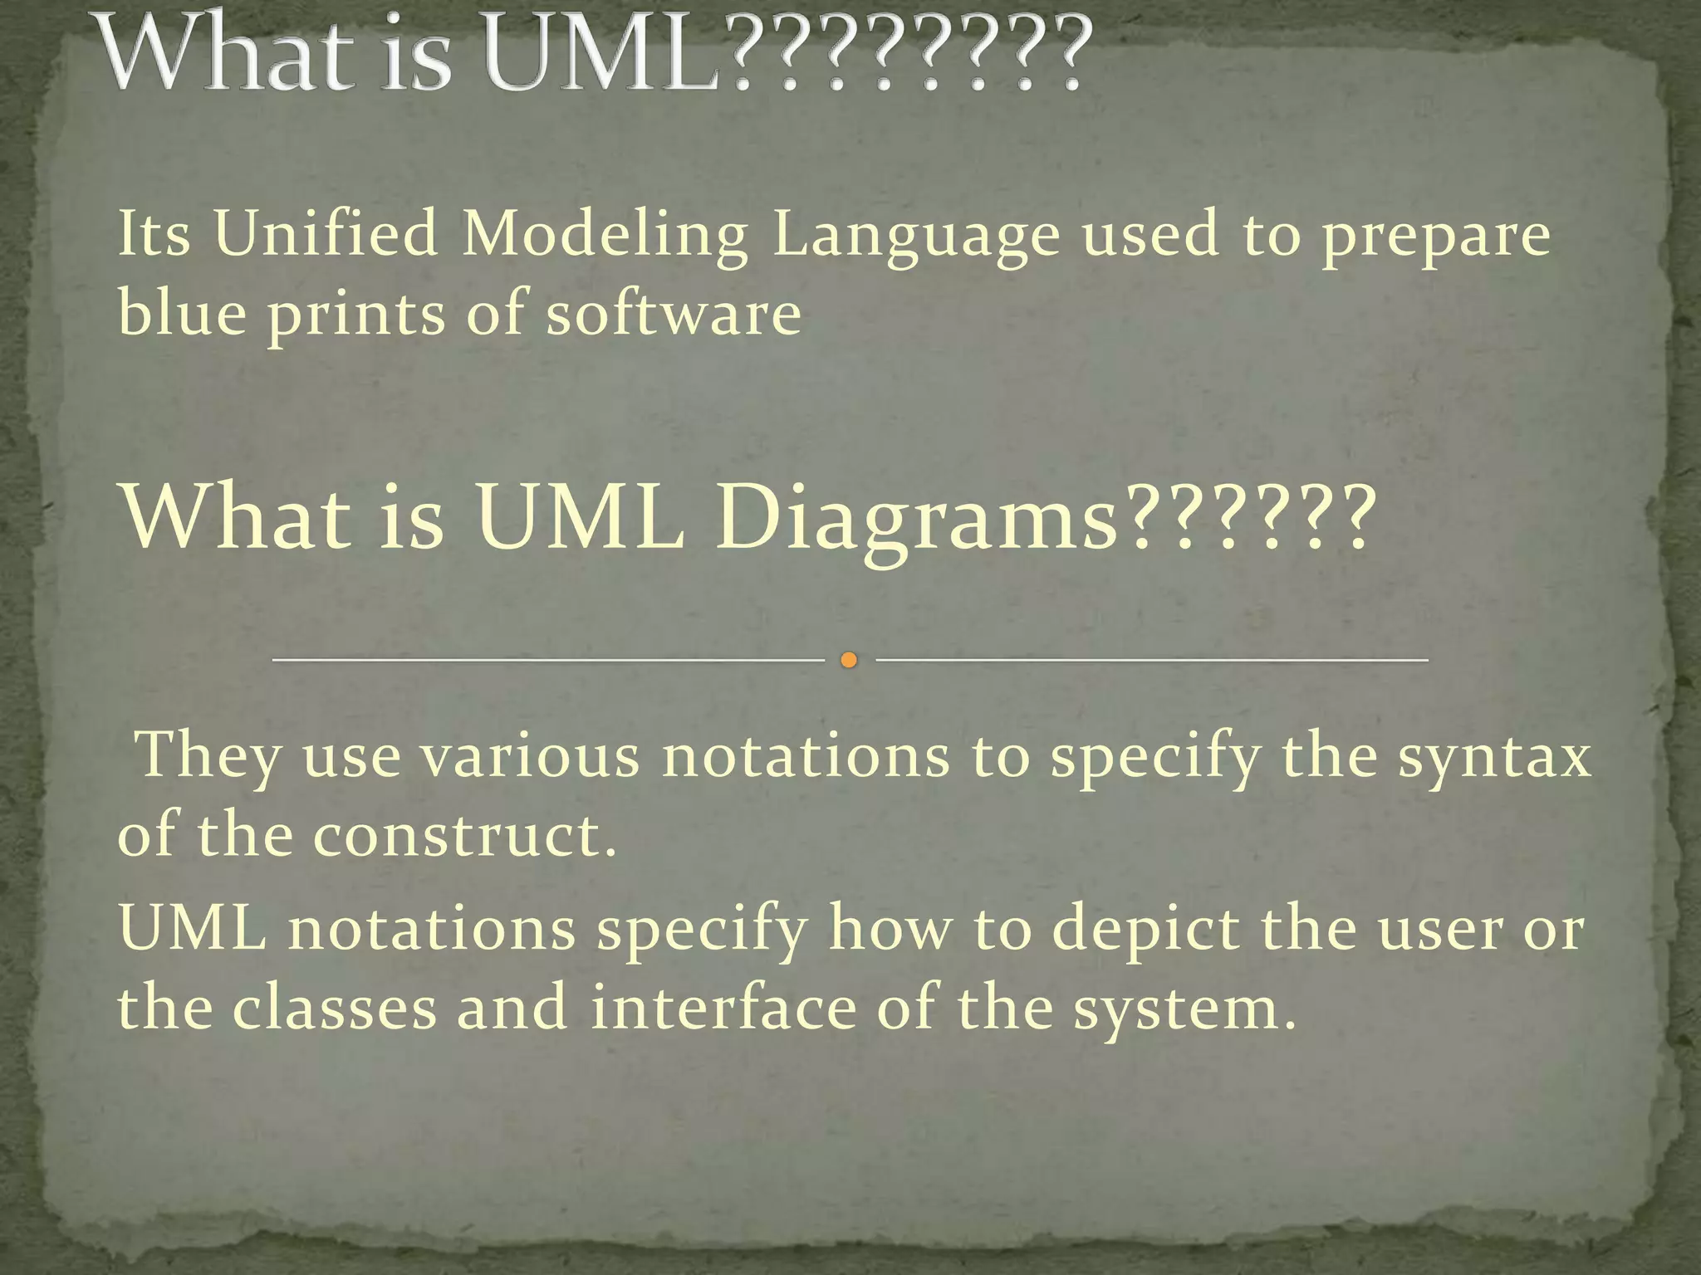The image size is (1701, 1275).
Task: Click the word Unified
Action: (x=326, y=234)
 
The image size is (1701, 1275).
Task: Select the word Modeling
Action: (x=605, y=236)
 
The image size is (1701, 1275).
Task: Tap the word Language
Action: (x=915, y=236)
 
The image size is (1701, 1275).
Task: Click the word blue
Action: (x=182, y=313)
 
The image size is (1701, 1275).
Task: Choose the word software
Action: (x=674, y=314)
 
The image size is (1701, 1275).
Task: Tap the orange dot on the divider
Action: (x=848, y=660)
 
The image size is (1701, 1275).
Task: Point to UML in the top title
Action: (x=604, y=55)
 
